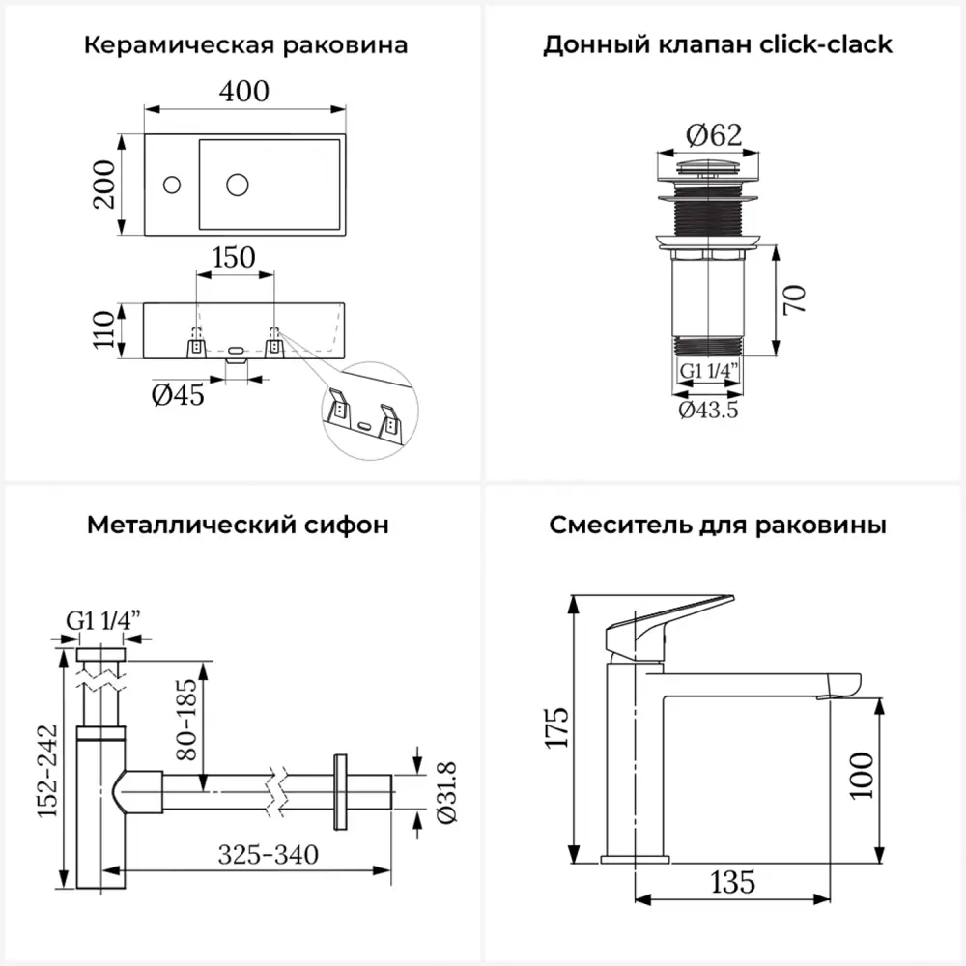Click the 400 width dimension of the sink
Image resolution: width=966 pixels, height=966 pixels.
click(243, 93)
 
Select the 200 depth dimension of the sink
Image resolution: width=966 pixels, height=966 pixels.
click(105, 183)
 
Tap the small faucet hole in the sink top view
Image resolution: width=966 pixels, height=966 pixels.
click(172, 182)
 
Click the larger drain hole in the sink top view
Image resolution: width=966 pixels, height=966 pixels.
click(238, 182)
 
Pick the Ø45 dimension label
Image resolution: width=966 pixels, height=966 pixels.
click(179, 394)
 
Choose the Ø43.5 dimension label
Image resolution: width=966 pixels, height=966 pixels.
click(708, 411)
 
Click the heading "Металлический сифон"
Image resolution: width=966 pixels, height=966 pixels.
click(238, 526)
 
